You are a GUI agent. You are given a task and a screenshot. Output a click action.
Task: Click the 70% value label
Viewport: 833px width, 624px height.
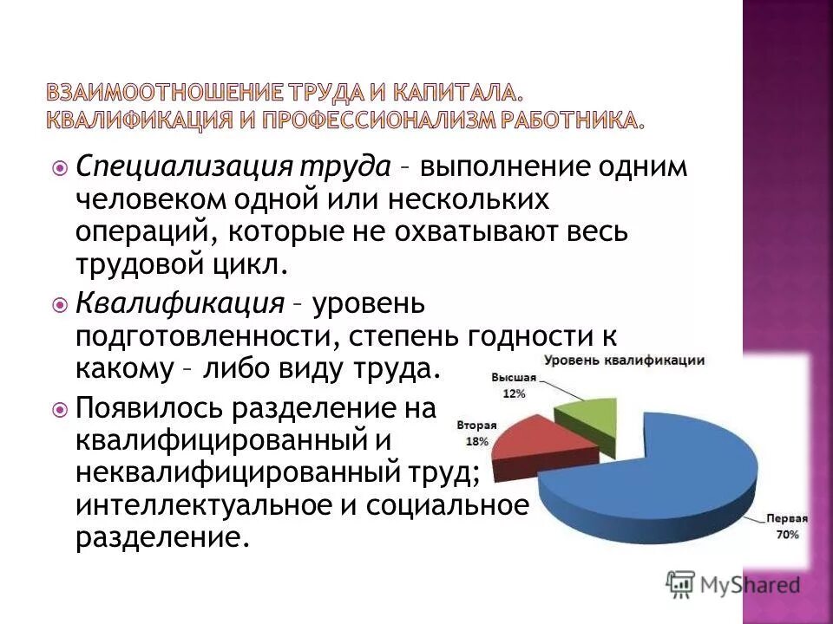787,536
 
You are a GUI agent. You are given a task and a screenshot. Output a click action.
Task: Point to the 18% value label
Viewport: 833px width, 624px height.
476,441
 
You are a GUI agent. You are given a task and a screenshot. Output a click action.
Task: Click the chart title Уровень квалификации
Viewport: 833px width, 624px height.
624,361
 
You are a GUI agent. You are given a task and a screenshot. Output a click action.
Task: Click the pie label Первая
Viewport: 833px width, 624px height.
786,519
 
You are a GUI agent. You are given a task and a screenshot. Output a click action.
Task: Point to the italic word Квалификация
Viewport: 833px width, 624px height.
180,302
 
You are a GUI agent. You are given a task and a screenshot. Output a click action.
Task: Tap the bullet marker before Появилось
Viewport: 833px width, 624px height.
59,406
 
